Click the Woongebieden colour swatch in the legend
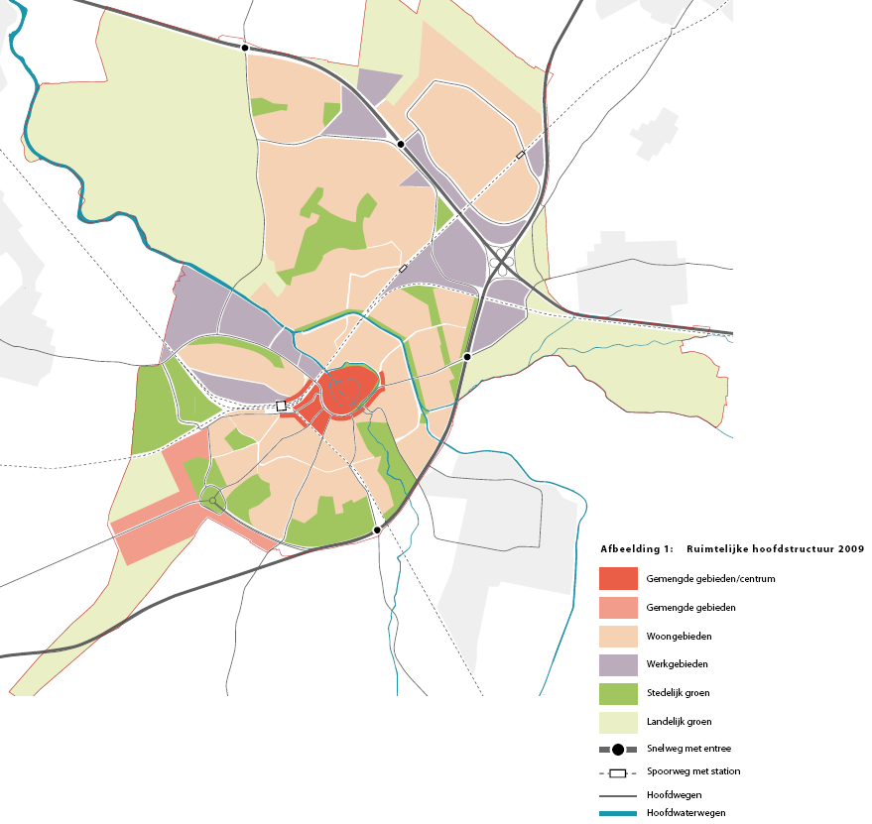618,636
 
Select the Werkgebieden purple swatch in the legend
618,664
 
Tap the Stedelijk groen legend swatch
618,693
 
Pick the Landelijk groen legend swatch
618,722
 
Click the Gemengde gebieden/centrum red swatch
618,578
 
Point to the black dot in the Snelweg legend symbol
618,750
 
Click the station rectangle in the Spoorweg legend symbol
618,772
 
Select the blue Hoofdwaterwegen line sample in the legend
618,813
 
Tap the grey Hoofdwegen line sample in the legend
618,794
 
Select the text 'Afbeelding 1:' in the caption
636,548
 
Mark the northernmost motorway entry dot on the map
244,47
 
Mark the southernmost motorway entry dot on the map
377,530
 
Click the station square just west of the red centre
281,406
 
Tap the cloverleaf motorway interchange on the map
501,265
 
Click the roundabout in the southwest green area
212,499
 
